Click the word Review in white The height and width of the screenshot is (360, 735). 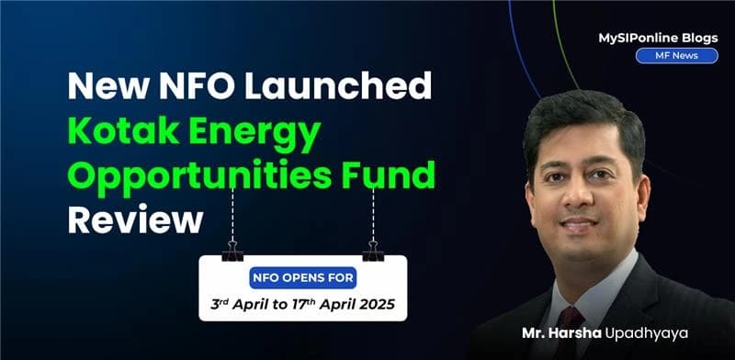click(134, 220)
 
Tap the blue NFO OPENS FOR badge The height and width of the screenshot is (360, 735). click(302, 276)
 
